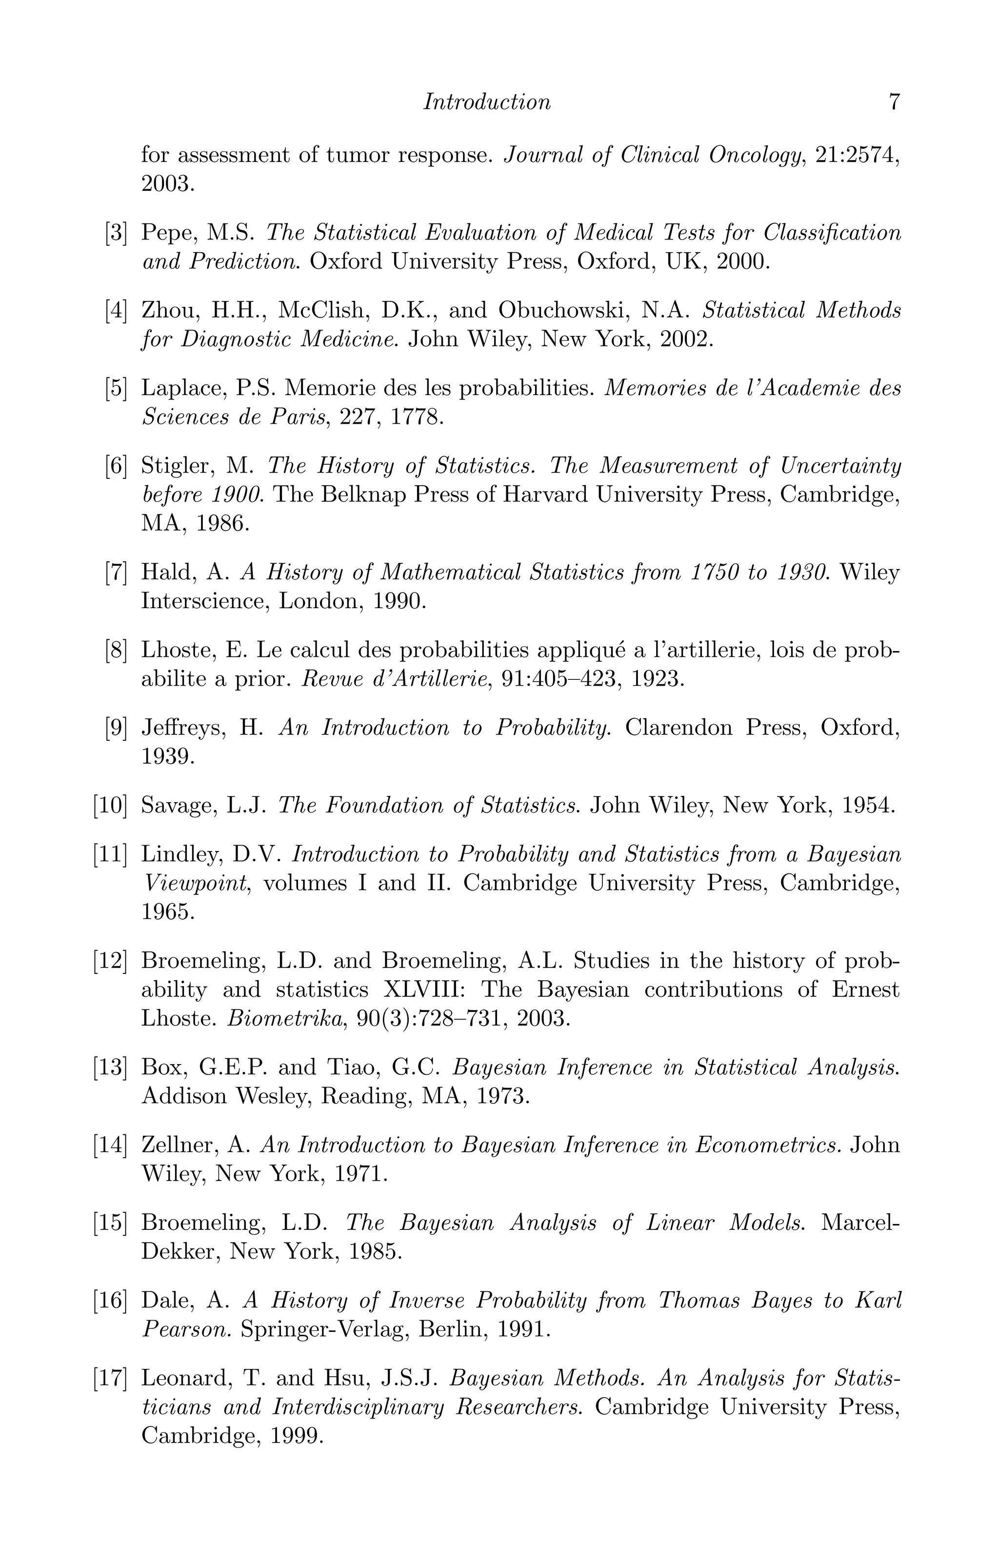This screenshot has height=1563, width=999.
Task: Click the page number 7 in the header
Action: pyautogui.click(x=894, y=102)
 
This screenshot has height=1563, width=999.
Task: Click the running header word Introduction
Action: pyautogui.click(x=486, y=102)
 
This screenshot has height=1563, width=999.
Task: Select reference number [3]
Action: pyautogui.click(x=116, y=232)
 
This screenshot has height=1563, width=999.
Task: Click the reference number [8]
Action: pyautogui.click(x=116, y=650)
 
